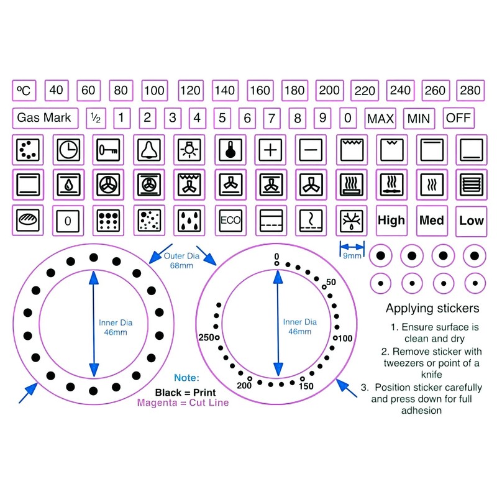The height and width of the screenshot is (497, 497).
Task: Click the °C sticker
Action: (24, 91)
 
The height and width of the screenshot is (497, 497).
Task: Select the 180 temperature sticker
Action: (294, 91)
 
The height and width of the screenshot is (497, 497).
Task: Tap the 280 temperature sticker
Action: (470, 91)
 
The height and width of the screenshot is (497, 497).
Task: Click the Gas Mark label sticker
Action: (45, 118)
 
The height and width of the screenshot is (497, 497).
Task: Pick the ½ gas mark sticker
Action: (96, 118)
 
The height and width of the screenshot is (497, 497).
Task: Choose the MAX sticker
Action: (380, 119)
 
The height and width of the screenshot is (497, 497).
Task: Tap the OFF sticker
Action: (458, 118)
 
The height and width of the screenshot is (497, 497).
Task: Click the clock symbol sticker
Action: (68, 150)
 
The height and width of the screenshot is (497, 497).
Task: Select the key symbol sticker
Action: (108, 150)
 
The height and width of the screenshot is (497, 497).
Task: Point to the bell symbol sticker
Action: (149, 150)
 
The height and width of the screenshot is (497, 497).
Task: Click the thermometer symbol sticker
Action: (230, 150)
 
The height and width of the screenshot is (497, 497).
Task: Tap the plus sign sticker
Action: (270, 150)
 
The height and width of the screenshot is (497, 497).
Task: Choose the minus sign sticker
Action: (311, 150)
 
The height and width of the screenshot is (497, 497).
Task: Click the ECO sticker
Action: (230, 221)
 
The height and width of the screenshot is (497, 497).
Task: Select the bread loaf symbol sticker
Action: (28, 221)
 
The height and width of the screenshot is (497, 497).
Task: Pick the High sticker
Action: (391, 221)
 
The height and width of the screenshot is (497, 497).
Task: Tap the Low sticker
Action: (472, 221)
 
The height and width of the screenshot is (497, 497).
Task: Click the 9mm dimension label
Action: (352, 255)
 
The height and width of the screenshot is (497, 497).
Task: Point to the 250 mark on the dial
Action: (206, 337)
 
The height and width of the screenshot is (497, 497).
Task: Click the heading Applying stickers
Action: (432, 308)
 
